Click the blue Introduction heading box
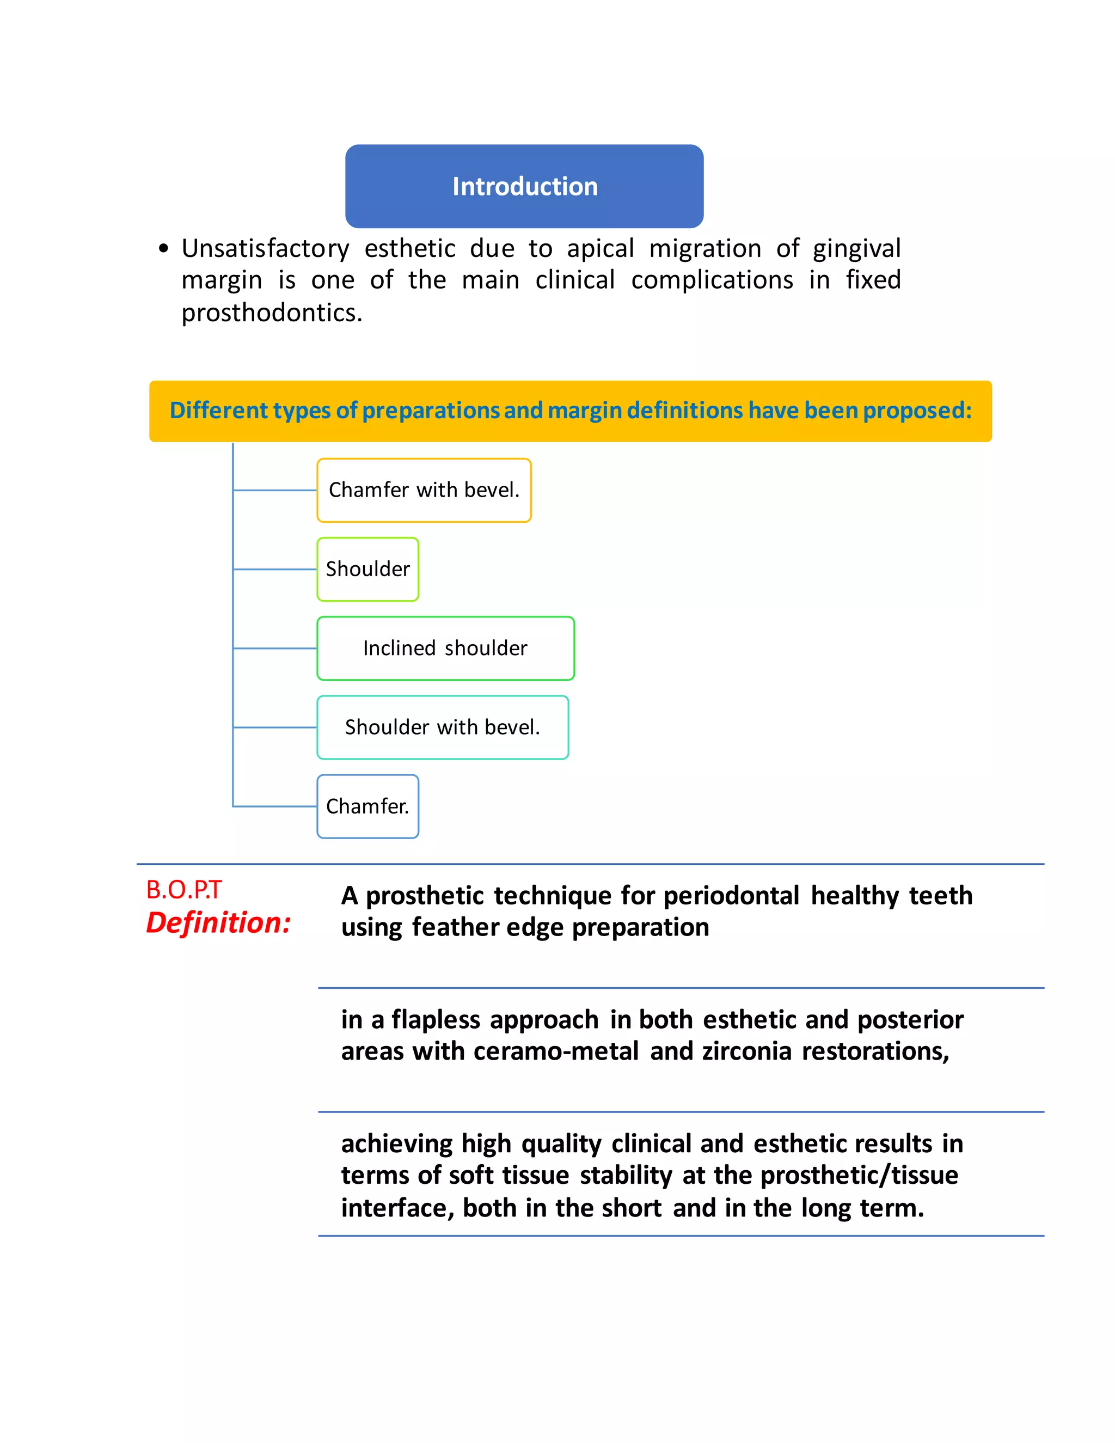pyautogui.click(x=524, y=186)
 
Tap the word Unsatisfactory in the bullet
pyautogui.click(x=265, y=249)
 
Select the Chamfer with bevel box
pyautogui.click(x=424, y=490)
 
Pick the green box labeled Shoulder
pyautogui.click(x=367, y=569)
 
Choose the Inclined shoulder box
pyautogui.click(x=445, y=648)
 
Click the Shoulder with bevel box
pyautogui.click(x=443, y=727)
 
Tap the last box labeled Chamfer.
pyautogui.click(x=367, y=806)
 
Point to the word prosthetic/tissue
pyautogui.click(x=859, y=1176)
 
